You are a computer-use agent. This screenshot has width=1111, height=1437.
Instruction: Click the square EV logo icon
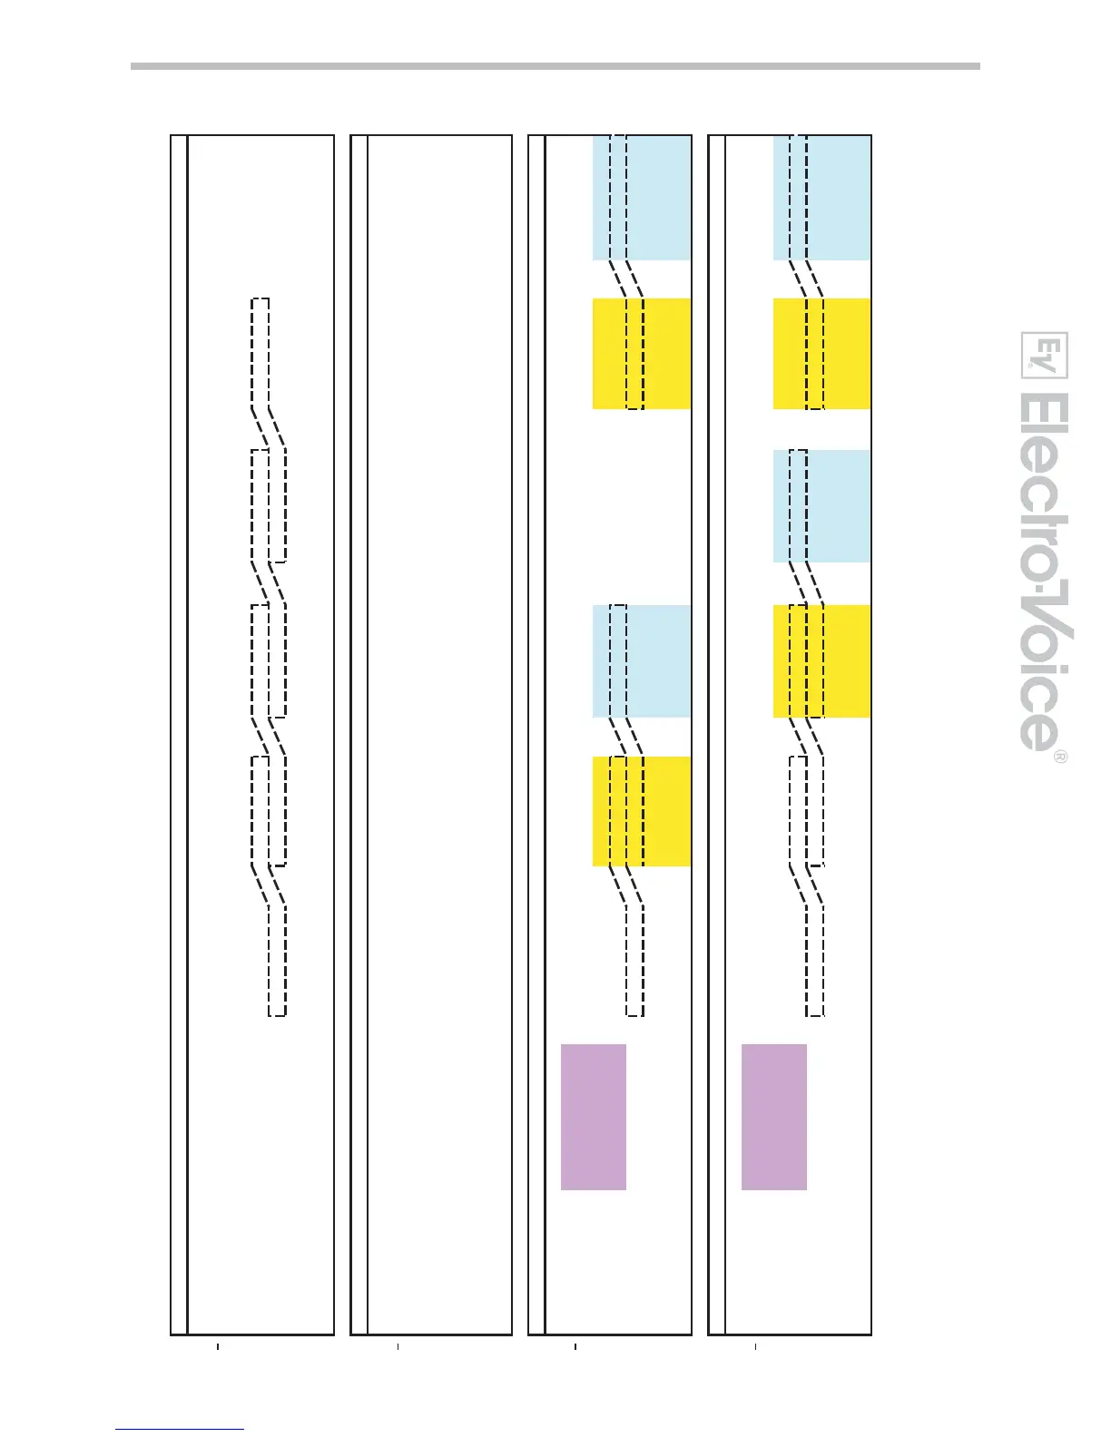click(x=1045, y=356)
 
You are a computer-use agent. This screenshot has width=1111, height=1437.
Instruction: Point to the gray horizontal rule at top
click(x=555, y=66)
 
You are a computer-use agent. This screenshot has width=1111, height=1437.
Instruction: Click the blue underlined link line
click(x=180, y=1429)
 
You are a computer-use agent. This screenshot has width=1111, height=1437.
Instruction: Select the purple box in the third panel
click(x=594, y=1117)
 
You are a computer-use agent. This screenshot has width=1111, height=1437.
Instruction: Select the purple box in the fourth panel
click(x=774, y=1117)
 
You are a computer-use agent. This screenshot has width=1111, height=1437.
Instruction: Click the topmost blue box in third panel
click(x=642, y=198)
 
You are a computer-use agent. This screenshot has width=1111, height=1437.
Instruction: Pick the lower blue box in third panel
click(x=642, y=661)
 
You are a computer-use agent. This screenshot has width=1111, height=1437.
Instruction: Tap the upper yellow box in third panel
click(x=642, y=354)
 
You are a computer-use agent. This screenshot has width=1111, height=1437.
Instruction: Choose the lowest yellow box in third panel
click(x=642, y=811)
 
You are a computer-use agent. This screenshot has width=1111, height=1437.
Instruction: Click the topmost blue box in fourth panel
click(x=821, y=198)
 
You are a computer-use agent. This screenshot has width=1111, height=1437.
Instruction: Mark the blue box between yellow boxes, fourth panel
click(x=821, y=506)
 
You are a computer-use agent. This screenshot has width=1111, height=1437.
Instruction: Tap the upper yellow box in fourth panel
click(x=821, y=354)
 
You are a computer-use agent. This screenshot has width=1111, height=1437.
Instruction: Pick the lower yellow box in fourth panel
click(x=821, y=661)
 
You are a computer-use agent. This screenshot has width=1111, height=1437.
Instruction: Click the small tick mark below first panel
click(x=218, y=1347)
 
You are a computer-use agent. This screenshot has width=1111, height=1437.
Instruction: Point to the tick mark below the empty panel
click(x=398, y=1347)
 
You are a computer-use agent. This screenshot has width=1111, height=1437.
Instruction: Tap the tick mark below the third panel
click(x=575, y=1347)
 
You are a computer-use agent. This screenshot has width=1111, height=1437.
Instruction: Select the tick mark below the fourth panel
click(x=756, y=1347)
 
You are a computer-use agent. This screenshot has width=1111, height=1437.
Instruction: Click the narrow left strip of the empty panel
click(x=359, y=735)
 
